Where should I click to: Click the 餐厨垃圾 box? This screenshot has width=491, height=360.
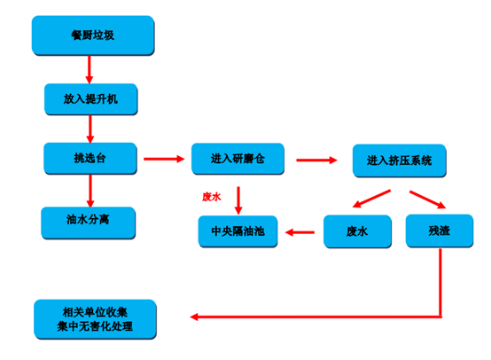pyautogui.click(x=93, y=35)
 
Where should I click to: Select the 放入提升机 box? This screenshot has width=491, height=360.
pyautogui.click(x=90, y=99)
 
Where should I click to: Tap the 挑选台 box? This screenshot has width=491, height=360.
pyautogui.click(x=90, y=158)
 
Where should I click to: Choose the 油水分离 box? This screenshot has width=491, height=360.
pyautogui.click(x=88, y=223)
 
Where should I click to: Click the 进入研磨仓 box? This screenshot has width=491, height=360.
pyautogui.click(x=238, y=159)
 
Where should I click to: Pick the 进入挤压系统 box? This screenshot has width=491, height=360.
pyautogui.click(x=399, y=160)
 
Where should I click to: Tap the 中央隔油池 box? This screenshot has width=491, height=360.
pyautogui.click(x=238, y=231)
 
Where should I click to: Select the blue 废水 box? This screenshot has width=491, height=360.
pyautogui.click(x=357, y=231)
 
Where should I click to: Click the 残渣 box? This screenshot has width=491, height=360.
pyautogui.click(x=440, y=231)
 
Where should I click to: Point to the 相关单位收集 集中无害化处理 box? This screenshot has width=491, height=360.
pyautogui.click(x=95, y=319)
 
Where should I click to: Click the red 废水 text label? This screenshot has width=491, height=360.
pyautogui.click(x=211, y=197)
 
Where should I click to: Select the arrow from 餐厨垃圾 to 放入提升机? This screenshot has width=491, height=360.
pyautogui.click(x=90, y=69)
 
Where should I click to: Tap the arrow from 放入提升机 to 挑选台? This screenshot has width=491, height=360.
pyautogui.click(x=90, y=129)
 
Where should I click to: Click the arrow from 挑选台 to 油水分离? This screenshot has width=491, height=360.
pyautogui.click(x=90, y=191)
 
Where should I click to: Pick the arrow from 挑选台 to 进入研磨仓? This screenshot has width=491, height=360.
pyautogui.click(x=164, y=159)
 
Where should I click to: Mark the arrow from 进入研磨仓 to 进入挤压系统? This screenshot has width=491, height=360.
pyautogui.click(x=316, y=160)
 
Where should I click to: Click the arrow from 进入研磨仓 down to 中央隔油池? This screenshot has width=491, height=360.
pyautogui.click(x=238, y=200)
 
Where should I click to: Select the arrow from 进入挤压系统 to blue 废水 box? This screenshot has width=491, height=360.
pyautogui.click(x=371, y=199)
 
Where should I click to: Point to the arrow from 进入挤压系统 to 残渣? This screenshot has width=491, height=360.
pyautogui.click(x=427, y=200)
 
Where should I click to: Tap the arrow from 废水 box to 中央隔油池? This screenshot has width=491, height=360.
pyautogui.click(x=300, y=232)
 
